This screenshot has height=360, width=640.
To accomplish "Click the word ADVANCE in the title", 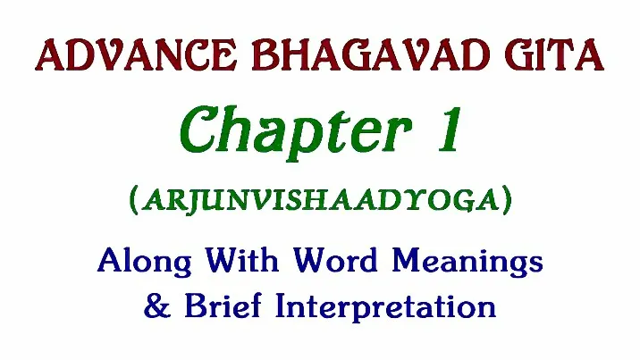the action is point(136,55).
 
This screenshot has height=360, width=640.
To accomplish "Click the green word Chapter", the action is point(296,131).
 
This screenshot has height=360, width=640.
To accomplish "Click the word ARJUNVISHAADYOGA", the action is point(321,201).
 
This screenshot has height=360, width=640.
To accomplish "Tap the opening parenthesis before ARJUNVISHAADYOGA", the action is point(133,201).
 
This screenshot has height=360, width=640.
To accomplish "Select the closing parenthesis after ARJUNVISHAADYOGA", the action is point(508,201).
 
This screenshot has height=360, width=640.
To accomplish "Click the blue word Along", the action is point(145,262).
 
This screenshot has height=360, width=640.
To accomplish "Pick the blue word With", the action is point(241,260).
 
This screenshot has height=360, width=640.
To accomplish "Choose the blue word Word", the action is point(334,260).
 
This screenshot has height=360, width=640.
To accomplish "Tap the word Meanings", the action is point(467,262).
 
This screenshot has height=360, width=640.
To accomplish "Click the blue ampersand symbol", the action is point(157,306).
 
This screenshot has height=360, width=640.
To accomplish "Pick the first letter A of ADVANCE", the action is point(52,55).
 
